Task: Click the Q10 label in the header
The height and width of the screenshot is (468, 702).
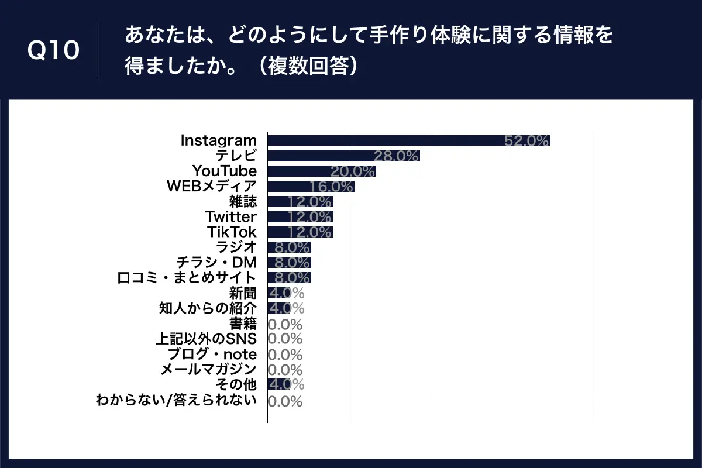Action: click(x=53, y=51)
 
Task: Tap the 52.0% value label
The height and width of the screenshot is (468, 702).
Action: click(x=526, y=141)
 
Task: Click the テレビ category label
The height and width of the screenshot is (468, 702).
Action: click(x=236, y=156)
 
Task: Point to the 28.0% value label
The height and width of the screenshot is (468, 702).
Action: click(x=397, y=156)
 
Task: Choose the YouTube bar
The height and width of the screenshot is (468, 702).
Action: click(x=321, y=171)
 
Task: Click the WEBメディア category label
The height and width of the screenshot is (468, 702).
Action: click(x=211, y=187)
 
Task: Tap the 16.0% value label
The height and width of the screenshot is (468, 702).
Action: click(x=332, y=187)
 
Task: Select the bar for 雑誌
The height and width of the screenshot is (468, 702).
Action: click(x=300, y=202)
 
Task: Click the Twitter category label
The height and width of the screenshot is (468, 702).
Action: click(x=230, y=217)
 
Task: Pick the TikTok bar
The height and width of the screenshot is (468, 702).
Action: click(x=300, y=232)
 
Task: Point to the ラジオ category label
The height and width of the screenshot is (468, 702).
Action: click(x=236, y=247)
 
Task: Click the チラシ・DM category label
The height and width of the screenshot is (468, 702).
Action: click(x=216, y=262)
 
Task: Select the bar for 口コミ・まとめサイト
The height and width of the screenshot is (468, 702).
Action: click(x=289, y=277)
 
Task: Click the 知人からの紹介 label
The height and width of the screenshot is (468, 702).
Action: click(x=208, y=308)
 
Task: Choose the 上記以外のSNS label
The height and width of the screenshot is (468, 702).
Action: click(x=205, y=339)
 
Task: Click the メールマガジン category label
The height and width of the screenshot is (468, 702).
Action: click(x=208, y=370)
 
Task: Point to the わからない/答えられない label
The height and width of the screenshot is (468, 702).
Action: click(x=176, y=401)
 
